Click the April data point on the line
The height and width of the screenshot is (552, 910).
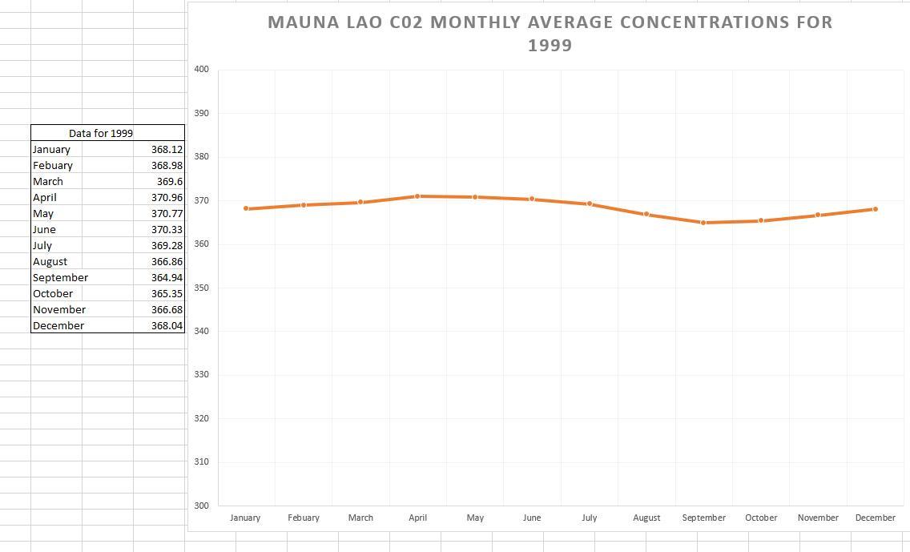point(417,196)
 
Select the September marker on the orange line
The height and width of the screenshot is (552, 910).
point(703,223)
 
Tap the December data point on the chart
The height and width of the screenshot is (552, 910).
point(875,209)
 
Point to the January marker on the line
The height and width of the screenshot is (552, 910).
point(246,208)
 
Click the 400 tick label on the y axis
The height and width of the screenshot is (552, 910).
point(201,70)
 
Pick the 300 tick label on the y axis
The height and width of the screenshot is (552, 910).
point(201,506)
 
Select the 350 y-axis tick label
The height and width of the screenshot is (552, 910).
point(201,288)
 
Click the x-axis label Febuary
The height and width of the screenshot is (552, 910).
point(304,518)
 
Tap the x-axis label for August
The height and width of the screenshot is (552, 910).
point(646,518)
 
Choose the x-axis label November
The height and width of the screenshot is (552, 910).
point(818,518)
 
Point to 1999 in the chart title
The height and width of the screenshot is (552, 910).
point(550,46)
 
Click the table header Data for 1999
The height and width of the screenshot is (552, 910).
point(101,133)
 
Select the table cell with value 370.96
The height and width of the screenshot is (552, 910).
point(167,197)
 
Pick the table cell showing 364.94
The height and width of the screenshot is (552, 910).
point(167,277)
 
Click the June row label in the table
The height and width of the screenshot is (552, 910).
point(44,229)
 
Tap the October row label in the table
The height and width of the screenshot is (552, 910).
point(53,293)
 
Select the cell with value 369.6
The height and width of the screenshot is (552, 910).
point(170,181)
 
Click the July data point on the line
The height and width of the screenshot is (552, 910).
point(590,203)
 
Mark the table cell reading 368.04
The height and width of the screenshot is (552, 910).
point(167,325)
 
